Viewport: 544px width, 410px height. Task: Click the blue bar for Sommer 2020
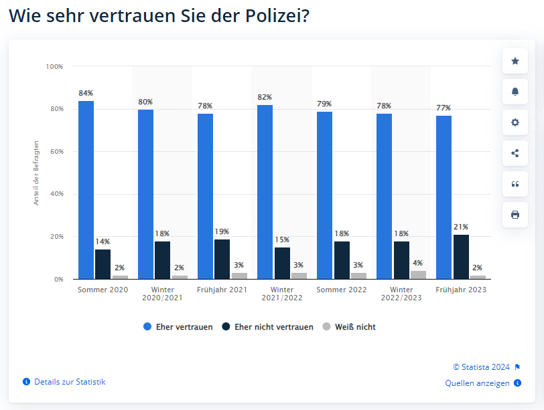pos(86,190)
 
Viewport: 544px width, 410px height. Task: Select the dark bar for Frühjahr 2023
pos(461,257)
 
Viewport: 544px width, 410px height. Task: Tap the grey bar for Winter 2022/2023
pos(419,275)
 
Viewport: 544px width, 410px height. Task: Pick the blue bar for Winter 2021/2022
pos(265,192)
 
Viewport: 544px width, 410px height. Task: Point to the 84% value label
pos(86,93)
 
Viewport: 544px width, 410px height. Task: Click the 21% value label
pos(461,227)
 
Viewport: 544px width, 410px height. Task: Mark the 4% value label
pos(418,263)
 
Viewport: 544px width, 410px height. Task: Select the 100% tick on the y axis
pos(54,66)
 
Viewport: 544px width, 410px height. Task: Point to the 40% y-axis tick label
pos(57,194)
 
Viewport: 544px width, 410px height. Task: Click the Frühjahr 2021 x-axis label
pos(222,290)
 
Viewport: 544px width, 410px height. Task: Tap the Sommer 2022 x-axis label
pos(342,290)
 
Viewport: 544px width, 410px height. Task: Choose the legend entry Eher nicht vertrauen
pos(267,327)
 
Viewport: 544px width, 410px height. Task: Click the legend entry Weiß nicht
pos(349,327)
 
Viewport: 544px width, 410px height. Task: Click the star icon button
pos(515,61)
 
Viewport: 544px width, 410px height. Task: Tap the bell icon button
pos(515,92)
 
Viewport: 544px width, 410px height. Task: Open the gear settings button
pos(515,122)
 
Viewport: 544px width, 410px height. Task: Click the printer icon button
pos(515,215)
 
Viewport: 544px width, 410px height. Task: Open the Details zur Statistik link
pos(64,382)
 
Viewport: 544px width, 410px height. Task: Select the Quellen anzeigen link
pos(483,383)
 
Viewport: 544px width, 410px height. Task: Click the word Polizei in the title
pos(277,15)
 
